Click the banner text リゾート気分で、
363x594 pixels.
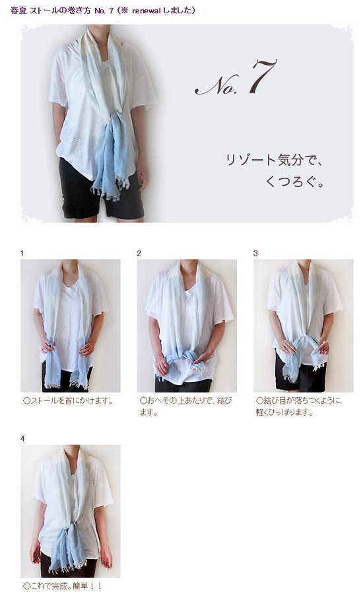click(x=275, y=159)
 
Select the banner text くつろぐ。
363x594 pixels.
click(x=295, y=181)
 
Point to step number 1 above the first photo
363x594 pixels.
click(x=22, y=253)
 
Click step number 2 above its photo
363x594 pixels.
click(x=139, y=253)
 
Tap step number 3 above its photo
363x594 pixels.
click(x=255, y=253)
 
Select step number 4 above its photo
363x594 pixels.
click(x=22, y=438)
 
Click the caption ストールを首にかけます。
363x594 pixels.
click(x=68, y=400)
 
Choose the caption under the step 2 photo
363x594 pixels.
click(x=185, y=406)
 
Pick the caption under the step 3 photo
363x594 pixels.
click(x=299, y=406)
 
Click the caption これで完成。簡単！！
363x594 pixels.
click(x=63, y=585)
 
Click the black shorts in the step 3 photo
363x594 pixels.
click(x=300, y=373)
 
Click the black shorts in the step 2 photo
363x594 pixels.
click(x=183, y=385)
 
